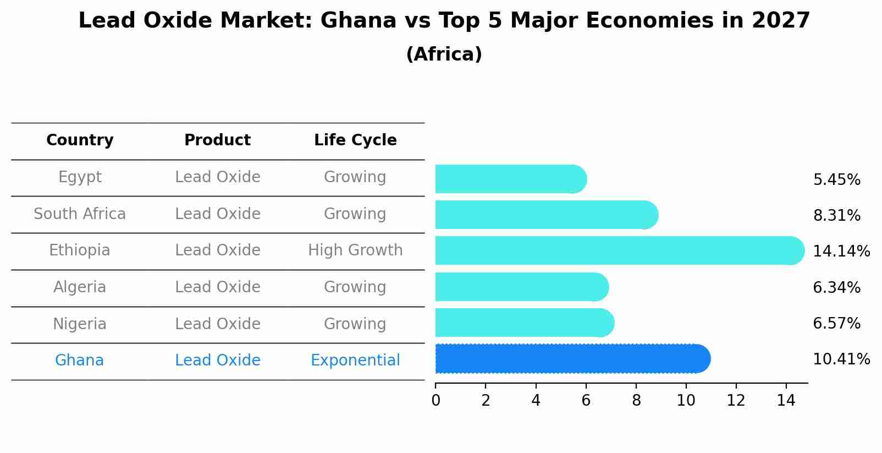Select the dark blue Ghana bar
pos(572,359)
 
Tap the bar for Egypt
pos(510,179)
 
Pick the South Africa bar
pos(546,215)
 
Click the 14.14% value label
pos(841,252)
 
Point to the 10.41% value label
pos(841,359)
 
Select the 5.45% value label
pos(836,180)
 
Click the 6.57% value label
pos(836,324)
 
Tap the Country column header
pos(80,140)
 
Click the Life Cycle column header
pos(355,140)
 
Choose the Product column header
pos(217,140)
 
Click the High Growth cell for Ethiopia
pos(355,250)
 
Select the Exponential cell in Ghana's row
pos(355,361)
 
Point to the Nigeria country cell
pos(80,324)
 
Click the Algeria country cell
pos(80,287)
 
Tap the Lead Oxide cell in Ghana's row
pos(217,361)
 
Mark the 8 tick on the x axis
pos(636,401)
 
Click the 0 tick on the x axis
pos(436,401)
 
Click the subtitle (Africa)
pos(444,54)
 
